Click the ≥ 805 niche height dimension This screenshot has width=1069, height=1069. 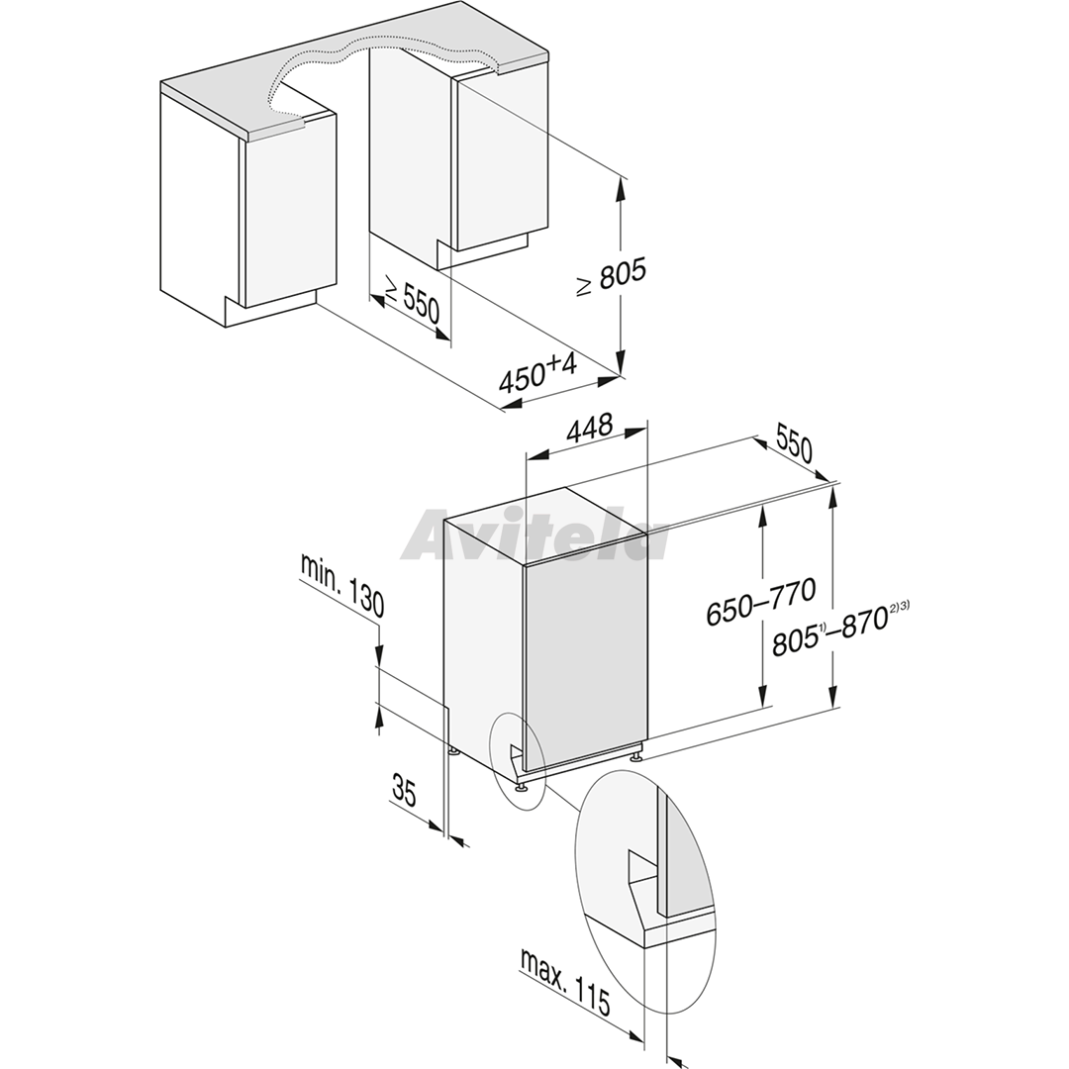pyautogui.click(x=611, y=277)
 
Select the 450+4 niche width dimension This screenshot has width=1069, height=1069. pyautogui.click(x=538, y=373)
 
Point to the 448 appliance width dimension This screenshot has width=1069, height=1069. pyautogui.click(x=589, y=429)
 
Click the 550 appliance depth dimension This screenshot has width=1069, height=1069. pyautogui.click(x=794, y=444)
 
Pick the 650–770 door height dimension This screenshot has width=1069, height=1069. pyautogui.click(x=761, y=602)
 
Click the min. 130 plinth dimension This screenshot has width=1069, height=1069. pyautogui.click(x=342, y=585)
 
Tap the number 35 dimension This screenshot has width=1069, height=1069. pyautogui.click(x=404, y=790)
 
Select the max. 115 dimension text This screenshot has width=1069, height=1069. pyautogui.click(x=565, y=981)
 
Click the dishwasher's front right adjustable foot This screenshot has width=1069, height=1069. pyautogui.click(x=636, y=754)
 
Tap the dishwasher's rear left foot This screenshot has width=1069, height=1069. pyautogui.click(x=453, y=752)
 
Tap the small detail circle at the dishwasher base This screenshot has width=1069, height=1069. pyautogui.click(x=518, y=760)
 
